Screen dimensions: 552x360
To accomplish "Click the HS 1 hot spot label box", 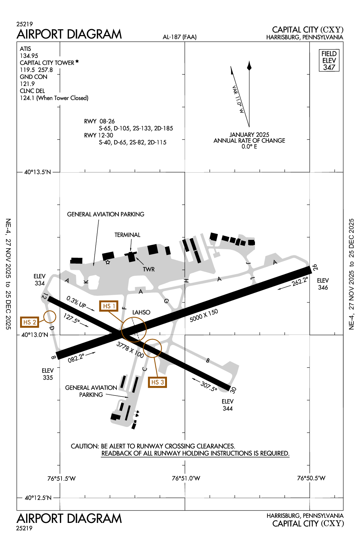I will (x=109, y=306).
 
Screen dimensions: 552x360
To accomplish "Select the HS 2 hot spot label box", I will (x=29, y=322).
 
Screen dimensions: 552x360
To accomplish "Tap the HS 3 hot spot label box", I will (x=157, y=382).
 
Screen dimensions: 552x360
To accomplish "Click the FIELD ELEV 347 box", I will (x=329, y=61).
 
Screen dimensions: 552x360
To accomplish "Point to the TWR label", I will (x=149, y=269).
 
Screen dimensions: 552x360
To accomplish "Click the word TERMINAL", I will (x=127, y=235).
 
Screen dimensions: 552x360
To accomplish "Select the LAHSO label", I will (x=141, y=312).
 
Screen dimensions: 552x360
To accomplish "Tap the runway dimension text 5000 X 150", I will (x=204, y=315).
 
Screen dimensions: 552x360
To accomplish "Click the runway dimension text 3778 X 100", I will (x=130, y=350).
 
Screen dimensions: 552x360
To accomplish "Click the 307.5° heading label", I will (x=209, y=386).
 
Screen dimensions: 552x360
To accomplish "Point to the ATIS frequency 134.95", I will (x=29, y=56).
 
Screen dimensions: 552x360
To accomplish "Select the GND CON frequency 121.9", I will (x=27, y=84).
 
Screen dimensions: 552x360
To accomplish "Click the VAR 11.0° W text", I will (x=238, y=99).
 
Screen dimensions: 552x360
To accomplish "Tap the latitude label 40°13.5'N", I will (x=37, y=172).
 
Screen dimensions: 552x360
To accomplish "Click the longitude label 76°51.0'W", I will (x=186, y=478).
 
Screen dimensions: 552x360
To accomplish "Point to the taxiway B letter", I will (x=208, y=360).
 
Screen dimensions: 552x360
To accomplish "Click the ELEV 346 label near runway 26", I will (x=323, y=284).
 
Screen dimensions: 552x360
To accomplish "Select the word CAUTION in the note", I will (x=85, y=446).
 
